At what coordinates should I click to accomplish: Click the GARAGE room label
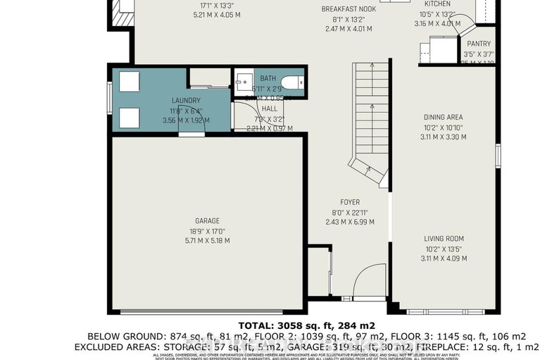click(208, 220)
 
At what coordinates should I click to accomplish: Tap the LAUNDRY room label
click(186, 101)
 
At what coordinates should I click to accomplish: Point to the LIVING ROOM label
click(444, 239)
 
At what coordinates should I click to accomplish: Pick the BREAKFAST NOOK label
click(349, 8)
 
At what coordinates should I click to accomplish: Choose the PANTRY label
click(478, 44)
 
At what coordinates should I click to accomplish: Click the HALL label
click(269, 109)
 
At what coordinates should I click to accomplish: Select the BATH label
click(268, 79)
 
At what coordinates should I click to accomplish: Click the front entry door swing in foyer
click(368, 282)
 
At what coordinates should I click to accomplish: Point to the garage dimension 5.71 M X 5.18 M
click(208, 240)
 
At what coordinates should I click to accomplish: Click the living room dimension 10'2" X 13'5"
click(444, 249)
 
